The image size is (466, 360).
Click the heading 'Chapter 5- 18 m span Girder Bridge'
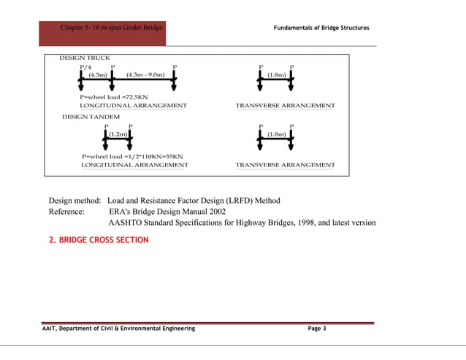pos(112,28)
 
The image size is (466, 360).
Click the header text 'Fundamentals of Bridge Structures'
pos(321,28)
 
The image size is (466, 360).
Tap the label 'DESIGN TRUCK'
pos(85,57)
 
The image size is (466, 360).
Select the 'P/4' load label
pos(85,66)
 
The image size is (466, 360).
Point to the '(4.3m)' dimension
pos(97,74)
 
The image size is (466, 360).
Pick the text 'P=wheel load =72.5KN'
pos(114,96)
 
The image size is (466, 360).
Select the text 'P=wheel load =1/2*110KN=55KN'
pos(132,156)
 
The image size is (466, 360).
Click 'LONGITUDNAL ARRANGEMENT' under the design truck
pos(133,106)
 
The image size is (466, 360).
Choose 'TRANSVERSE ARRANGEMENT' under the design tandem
pos(285,165)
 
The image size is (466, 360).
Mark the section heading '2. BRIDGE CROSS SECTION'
pos(99,240)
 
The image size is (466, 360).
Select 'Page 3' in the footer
pos(317,329)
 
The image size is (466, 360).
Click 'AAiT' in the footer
pos(50,329)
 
